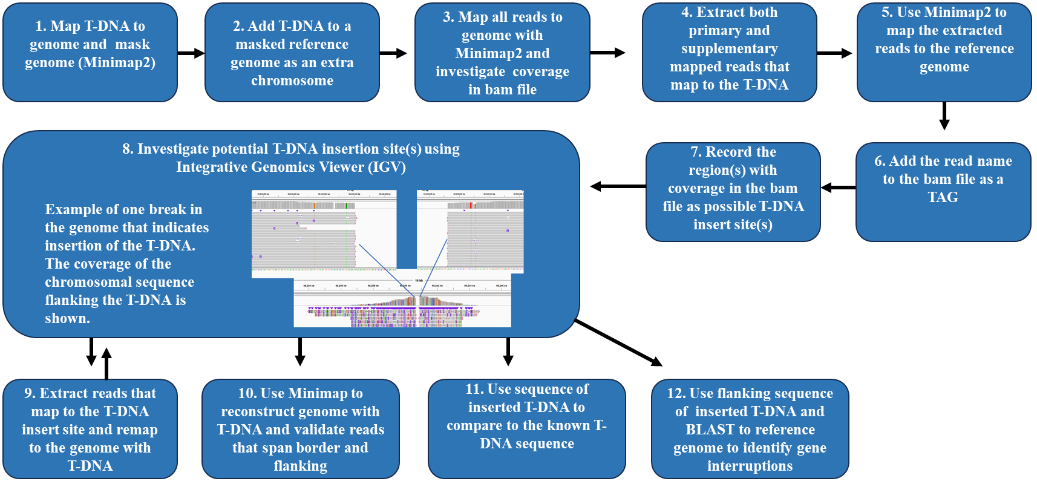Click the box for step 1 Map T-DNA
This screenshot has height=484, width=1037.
tap(90, 52)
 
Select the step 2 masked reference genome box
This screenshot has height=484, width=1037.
tap(292, 52)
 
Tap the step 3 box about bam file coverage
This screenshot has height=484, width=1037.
tap(502, 52)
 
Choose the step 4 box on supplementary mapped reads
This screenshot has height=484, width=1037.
tap(729, 52)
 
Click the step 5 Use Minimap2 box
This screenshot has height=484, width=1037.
tap(944, 52)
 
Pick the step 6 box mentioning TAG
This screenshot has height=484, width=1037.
tap(943, 191)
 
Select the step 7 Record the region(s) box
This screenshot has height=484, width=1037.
tap(733, 191)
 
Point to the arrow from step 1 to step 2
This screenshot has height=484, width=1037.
tap(191, 53)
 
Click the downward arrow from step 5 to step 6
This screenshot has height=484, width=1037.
tap(944, 116)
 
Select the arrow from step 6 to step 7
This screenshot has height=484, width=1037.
tap(838, 188)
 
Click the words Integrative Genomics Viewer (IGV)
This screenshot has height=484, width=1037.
tap(290, 167)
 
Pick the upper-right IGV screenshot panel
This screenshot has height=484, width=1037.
tap(470, 230)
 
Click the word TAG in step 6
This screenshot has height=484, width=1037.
tap(943, 197)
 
